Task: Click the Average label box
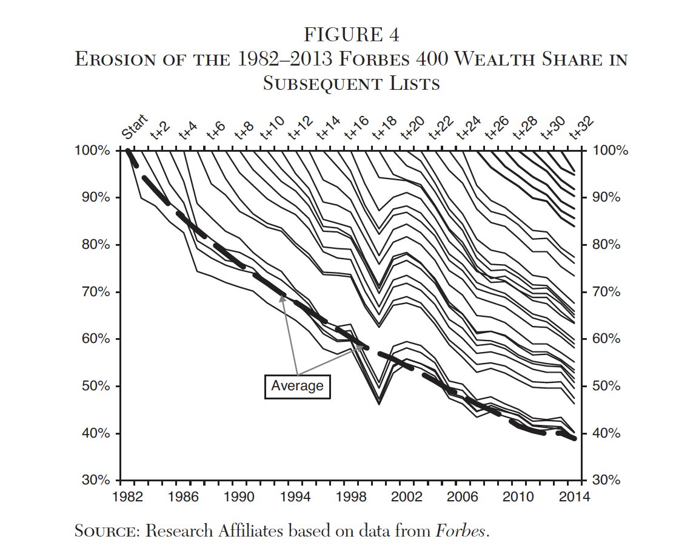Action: [x=297, y=386]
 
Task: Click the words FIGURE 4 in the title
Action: [x=350, y=35]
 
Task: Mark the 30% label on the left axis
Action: [x=95, y=481]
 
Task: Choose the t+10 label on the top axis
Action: [x=272, y=127]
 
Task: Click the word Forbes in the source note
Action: [x=461, y=532]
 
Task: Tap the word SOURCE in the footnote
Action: [x=106, y=532]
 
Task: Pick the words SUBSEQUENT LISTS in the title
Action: [x=350, y=84]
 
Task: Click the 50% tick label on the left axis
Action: [x=95, y=387]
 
